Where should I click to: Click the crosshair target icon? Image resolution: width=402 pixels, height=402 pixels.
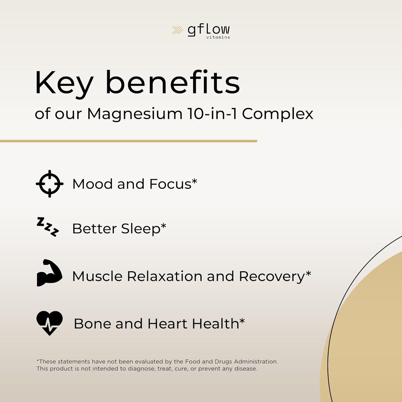pyautogui.click(x=50, y=184)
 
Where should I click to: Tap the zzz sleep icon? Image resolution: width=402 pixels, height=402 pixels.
pyautogui.click(x=48, y=227)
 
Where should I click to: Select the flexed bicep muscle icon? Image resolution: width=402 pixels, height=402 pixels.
pyautogui.click(x=49, y=273)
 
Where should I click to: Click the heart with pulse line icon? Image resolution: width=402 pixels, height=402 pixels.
pyautogui.click(x=50, y=322)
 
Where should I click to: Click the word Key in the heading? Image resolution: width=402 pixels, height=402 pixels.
pyautogui.click(x=64, y=83)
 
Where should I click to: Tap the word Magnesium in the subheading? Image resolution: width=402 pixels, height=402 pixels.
pyautogui.click(x=135, y=114)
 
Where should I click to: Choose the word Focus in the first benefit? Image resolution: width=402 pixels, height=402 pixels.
pyautogui.click(x=170, y=184)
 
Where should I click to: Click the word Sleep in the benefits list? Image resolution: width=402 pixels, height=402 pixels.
pyautogui.click(x=141, y=229)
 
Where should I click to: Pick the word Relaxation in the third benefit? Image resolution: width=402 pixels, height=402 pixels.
pyautogui.click(x=165, y=276)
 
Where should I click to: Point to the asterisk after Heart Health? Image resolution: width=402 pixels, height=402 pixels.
pyautogui.click(x=242, y=321)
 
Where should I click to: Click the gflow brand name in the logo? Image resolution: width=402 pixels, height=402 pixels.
pyautogui.click(x=209, y=29)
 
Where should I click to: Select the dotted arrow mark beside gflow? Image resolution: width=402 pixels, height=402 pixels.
pyautogui.click(x=177, y=30)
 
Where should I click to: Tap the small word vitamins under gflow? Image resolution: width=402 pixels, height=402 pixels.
pyautogui.click(x=218, y=38)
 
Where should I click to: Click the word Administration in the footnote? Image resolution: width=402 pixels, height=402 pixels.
pyautogui.click(x=256, y=362)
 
